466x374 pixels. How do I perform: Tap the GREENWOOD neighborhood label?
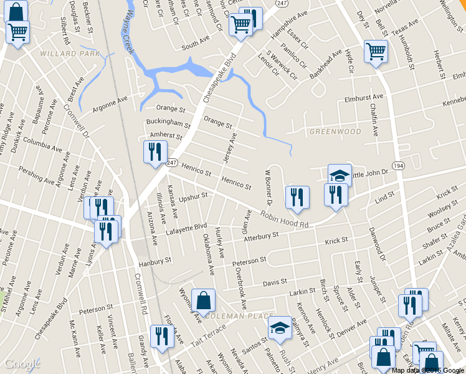(335, 132)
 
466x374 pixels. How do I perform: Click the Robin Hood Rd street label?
(285, 218)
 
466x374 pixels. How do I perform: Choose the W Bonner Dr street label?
(269, 186)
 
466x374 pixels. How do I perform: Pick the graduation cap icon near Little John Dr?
(340, 175)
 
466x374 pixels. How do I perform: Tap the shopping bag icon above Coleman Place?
(203, 300)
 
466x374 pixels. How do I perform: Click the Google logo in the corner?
(22, 364)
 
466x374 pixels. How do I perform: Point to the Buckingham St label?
(168, 123)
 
